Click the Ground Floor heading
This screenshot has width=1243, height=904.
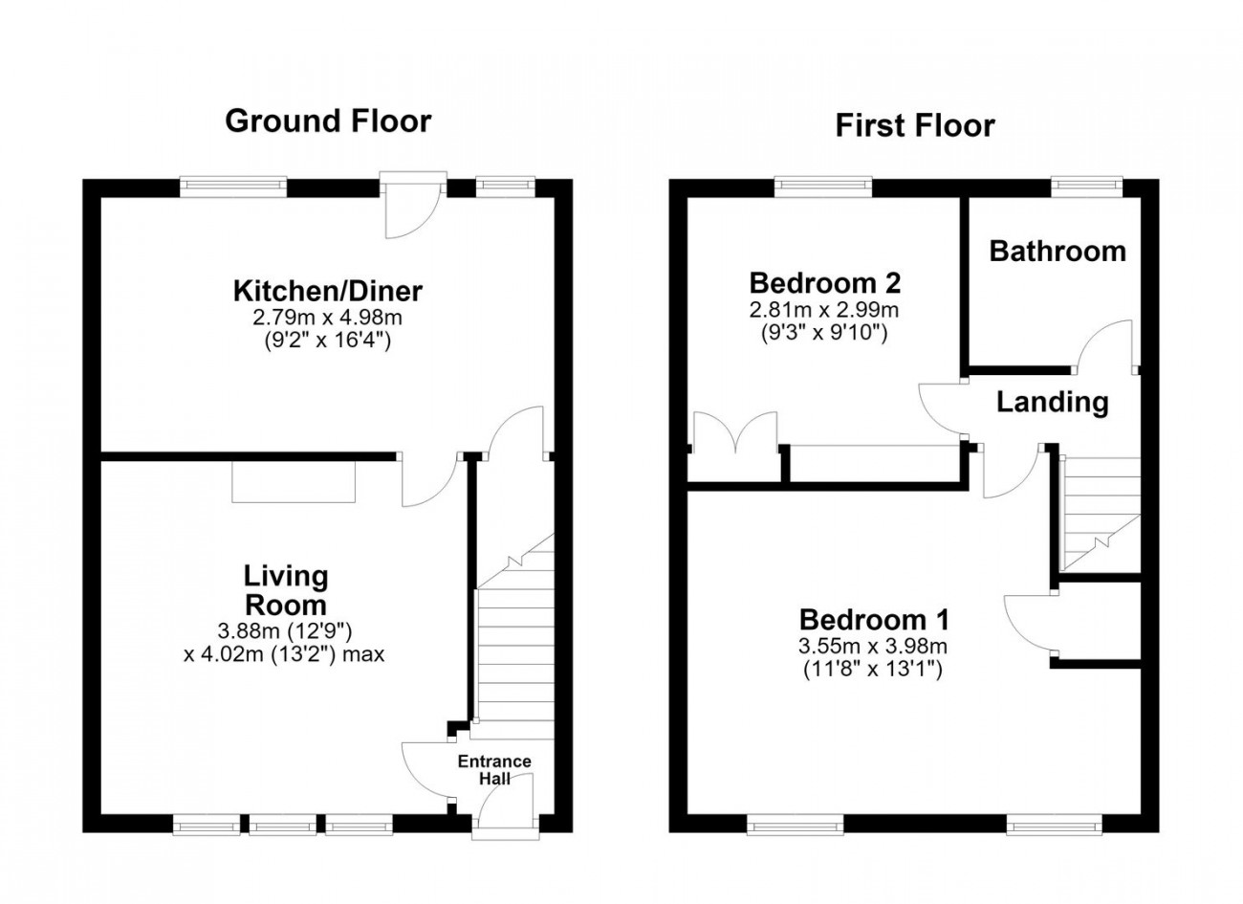pos(328,121)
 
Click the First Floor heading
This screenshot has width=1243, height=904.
pos(915,125)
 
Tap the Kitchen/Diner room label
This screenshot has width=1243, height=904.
pos(327,291)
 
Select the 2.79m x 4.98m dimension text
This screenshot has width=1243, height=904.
pos(327,318)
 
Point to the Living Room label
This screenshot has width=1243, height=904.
pos(286,590)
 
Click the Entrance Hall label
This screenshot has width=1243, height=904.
pos(494,770)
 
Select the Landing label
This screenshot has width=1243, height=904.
pos(1053,403)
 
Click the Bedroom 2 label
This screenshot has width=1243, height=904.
pos(825,283)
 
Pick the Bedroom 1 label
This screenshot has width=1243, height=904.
pos(875,620)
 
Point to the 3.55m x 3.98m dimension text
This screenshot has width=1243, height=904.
pos(873,646)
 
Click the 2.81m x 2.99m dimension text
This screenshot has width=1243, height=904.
pos(824,309)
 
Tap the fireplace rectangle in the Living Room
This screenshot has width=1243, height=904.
pos(294,481)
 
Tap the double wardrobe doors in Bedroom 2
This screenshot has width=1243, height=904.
pos(735,432)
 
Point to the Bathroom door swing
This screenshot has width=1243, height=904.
pos(1104,344)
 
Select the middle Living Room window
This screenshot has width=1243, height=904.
pos(283,824)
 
